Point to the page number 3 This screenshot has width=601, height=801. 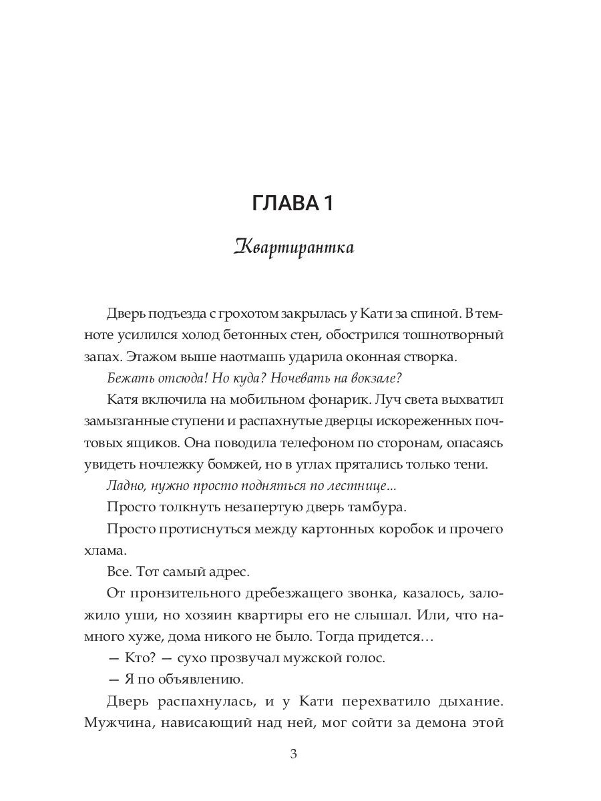pyautogui.click(x=294, y=754)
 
